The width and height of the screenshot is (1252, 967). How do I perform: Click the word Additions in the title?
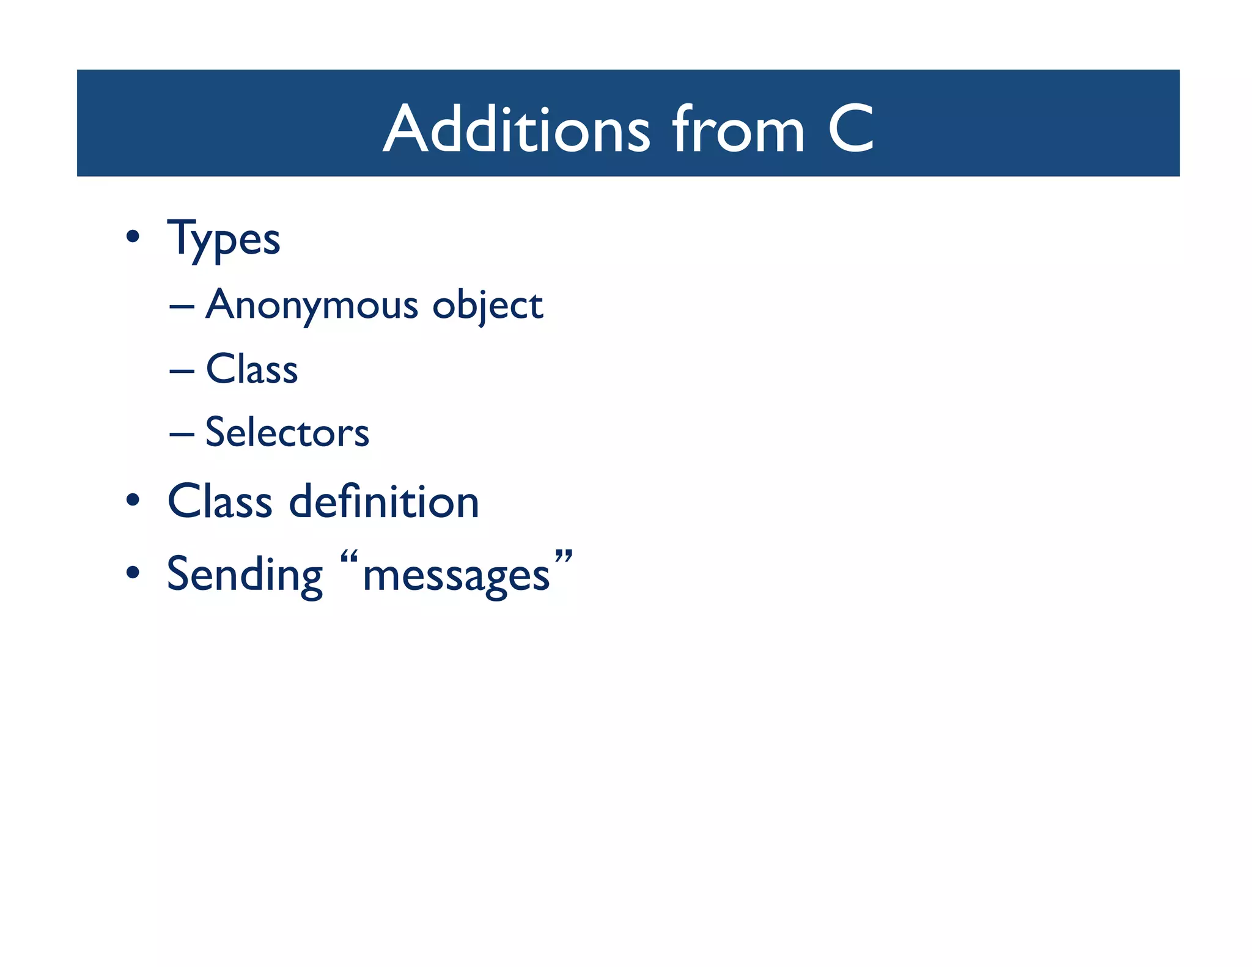pos(517,129)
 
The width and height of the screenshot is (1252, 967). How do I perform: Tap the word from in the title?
pos(738,129)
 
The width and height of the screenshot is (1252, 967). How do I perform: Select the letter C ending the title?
pos(850,129)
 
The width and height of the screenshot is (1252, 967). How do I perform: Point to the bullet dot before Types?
pos(133,237)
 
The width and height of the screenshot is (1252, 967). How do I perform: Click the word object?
pos(487,305)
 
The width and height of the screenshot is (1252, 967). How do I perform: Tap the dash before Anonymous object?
pos(182,306)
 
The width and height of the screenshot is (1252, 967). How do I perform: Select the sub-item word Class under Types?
pos(252,369)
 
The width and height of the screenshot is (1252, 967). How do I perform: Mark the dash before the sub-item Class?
pos(182,370)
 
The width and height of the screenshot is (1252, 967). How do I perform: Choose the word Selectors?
pos(287,433)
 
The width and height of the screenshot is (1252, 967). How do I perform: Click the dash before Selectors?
pos(182,434)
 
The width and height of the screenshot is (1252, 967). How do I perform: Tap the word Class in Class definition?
pos(220,502)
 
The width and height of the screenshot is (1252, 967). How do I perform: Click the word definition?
pos(384,502)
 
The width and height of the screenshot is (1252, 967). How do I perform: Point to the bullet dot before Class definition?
pos(133,501)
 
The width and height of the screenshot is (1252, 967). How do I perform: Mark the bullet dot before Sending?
pos(133,573)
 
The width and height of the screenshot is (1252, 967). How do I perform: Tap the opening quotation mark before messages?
pos(348,558)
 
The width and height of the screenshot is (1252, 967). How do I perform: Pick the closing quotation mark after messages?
pos(564,557)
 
